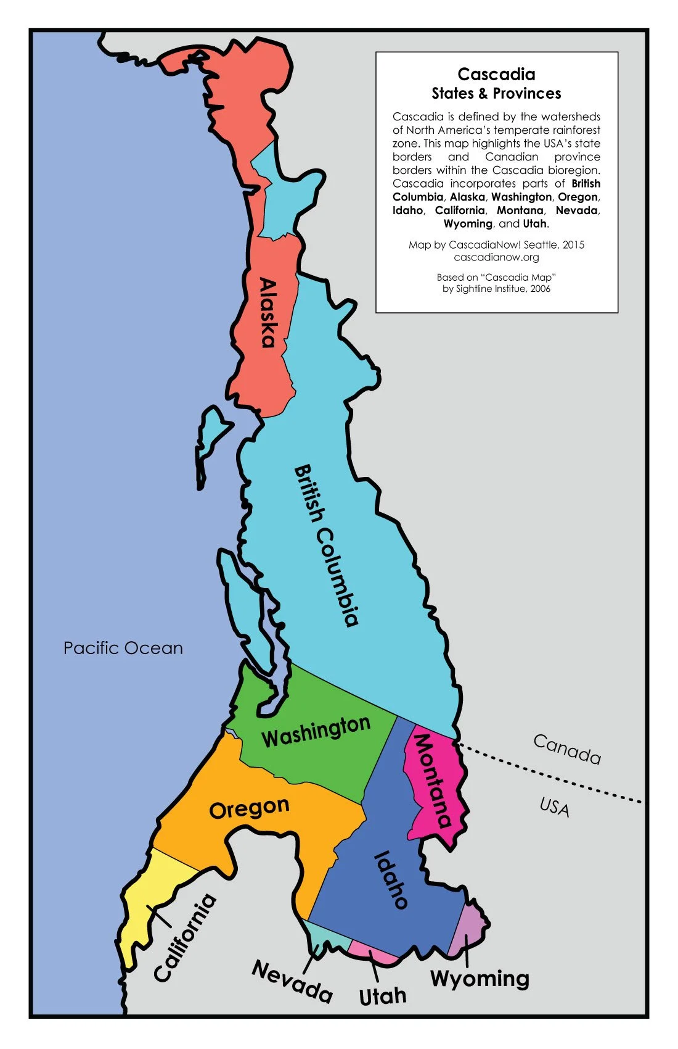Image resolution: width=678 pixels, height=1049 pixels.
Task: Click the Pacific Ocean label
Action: (x=123, y=648)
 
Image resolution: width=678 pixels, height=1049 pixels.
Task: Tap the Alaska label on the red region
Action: (x=268, y=313)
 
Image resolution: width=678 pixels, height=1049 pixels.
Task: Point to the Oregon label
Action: (x=249, y=808)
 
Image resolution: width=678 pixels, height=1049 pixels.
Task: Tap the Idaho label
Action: (x=391, y=879)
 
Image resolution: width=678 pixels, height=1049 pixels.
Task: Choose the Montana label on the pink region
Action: (x=432, y=780)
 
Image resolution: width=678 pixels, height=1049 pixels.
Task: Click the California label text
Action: (x=185, y=938)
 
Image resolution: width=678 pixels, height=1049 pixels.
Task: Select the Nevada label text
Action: (x=292, y=982)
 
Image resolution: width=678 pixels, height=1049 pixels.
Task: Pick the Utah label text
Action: (x=383, y=995)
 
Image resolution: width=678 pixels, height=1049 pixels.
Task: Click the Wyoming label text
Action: (x=480, y=979)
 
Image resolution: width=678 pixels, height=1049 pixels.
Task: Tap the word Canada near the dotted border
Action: (x=566, y=748)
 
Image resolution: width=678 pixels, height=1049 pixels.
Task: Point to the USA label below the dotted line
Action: (x=554, y=806)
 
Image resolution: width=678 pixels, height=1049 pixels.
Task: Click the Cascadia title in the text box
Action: (x=496, y=75)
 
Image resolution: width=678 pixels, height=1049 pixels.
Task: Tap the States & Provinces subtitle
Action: (x=496, y=94)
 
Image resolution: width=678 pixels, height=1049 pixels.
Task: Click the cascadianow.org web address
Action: (x=496, y=257)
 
